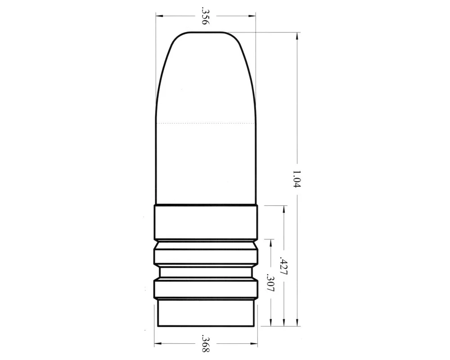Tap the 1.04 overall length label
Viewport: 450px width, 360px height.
(x=297, y=179)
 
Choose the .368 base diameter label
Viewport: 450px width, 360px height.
(x=206, y=343)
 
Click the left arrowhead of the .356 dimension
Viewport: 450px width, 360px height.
(x=159, y=16)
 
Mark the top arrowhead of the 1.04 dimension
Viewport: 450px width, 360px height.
(x=297, y=36)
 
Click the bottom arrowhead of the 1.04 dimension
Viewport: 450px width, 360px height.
(x=297, y=322)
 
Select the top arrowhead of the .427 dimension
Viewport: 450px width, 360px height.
(x=284, y=209)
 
